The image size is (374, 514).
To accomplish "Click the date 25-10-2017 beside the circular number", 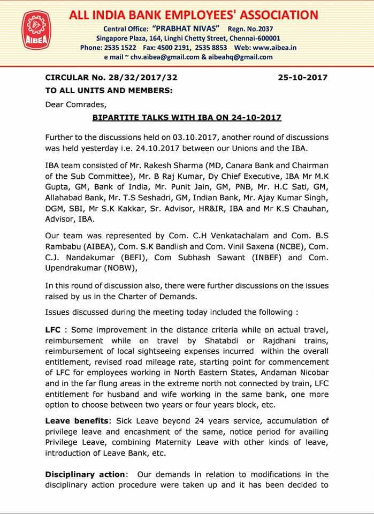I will pyautogui.click(x=303, y=78).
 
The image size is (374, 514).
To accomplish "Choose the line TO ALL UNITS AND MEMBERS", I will pyautogui.click(x=109, y=90).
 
